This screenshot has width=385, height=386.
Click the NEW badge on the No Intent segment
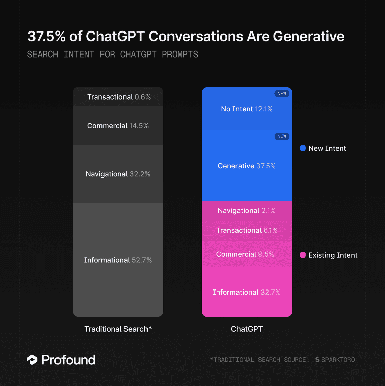point(282,94)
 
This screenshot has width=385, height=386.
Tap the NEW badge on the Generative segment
point(282,136)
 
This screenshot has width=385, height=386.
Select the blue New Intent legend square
point(303,148)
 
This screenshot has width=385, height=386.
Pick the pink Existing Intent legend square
point(303,255)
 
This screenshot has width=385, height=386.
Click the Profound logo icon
point(32,360)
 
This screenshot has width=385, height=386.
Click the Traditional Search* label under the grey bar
point(118,329)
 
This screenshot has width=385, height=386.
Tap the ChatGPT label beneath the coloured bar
point(247,329)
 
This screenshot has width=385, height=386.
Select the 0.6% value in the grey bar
point(142,97)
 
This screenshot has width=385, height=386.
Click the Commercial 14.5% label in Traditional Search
point(118,126)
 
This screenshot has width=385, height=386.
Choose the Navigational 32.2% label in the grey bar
point(118,174)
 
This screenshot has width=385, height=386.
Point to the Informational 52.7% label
point(118,260)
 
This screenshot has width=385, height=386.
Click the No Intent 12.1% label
point(247,109)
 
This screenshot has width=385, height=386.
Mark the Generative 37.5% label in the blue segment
point(247,166)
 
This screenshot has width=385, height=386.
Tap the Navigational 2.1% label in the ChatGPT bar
point(247,211)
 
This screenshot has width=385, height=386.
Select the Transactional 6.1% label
point(247,230)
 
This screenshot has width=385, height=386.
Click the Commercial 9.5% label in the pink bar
point(245,254)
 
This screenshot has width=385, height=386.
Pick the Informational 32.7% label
point(247,292)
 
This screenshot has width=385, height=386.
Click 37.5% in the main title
point(46,36)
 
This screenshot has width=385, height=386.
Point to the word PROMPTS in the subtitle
point(180,54)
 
